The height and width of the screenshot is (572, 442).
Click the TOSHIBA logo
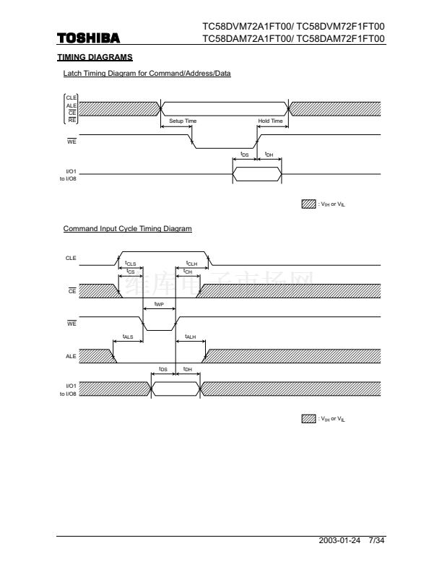[x=89, y=38]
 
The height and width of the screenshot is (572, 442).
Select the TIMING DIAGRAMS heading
[x=95, y=56]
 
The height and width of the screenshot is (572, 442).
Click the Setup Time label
[x=183, y=121]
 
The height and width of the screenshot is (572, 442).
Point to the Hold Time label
[x=270, y=121]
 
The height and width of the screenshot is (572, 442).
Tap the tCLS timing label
[x=130, y=264]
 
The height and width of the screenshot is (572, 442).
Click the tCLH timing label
[x=191, y=264]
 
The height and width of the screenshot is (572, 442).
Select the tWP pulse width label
[x=160, y=305]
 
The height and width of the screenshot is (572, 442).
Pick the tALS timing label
[x=128, y=337]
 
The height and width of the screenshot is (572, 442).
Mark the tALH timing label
[x=191, y=337]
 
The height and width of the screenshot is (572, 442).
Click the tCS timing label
[x=130, y=272]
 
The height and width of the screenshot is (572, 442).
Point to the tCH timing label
[x=188, y=272]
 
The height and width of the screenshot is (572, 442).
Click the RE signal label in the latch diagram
[x=72, y=119]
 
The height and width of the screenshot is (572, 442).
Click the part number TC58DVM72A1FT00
[x=246, y=27]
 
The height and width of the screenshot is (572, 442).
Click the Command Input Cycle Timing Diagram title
[x=127, y=229]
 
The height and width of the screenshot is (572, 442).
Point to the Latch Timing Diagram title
[x=147, y=74]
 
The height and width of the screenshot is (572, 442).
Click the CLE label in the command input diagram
[x=71, y=258]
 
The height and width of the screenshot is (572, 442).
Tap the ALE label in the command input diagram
[x=71, y=356]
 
